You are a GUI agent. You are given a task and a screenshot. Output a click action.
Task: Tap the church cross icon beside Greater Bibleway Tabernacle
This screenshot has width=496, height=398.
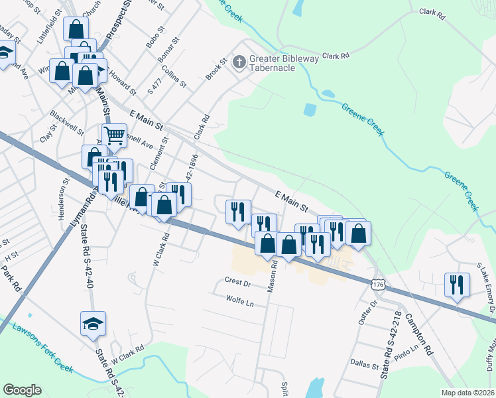239,61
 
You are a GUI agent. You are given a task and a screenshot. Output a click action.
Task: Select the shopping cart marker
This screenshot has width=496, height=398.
115,136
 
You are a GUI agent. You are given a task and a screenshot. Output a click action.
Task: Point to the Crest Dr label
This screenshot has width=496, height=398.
237,283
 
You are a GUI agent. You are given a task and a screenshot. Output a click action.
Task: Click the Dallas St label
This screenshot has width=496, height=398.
365,365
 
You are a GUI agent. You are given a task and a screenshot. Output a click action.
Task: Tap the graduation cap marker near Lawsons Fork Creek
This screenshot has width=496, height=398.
93,324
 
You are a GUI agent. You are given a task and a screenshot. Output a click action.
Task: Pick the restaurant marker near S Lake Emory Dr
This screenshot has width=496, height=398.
456,285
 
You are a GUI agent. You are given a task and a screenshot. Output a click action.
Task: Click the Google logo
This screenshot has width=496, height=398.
22,390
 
